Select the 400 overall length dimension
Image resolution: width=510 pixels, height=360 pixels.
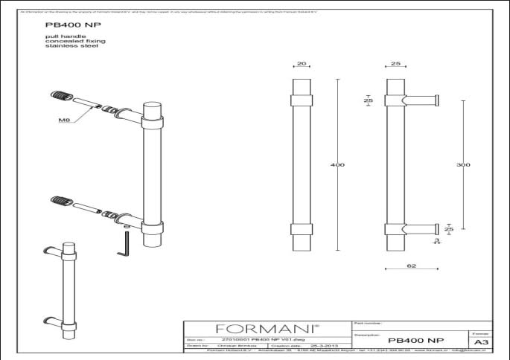tap(337, 164)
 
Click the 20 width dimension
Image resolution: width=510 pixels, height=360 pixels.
tap(301, 65)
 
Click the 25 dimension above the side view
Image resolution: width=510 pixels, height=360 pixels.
tap(395, 65)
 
